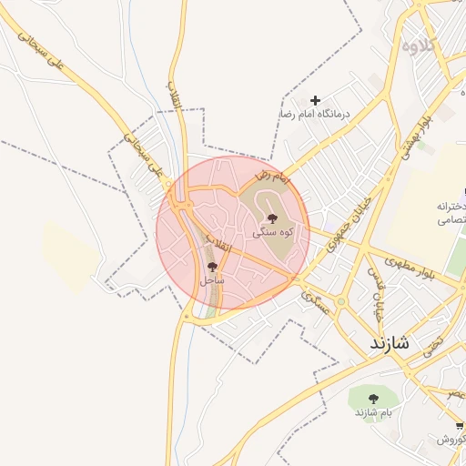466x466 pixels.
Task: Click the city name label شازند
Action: [392, 345]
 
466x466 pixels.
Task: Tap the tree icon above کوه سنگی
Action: [271, 218]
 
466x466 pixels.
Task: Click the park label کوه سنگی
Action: [271, 232]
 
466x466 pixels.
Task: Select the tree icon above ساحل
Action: [213, 268]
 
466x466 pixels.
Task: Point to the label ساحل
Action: [212, 281]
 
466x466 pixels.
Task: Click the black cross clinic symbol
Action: [316, 100]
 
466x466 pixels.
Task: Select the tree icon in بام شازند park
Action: [373, 398]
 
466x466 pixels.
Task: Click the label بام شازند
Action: [373, 412]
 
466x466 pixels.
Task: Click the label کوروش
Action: [451, 440]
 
